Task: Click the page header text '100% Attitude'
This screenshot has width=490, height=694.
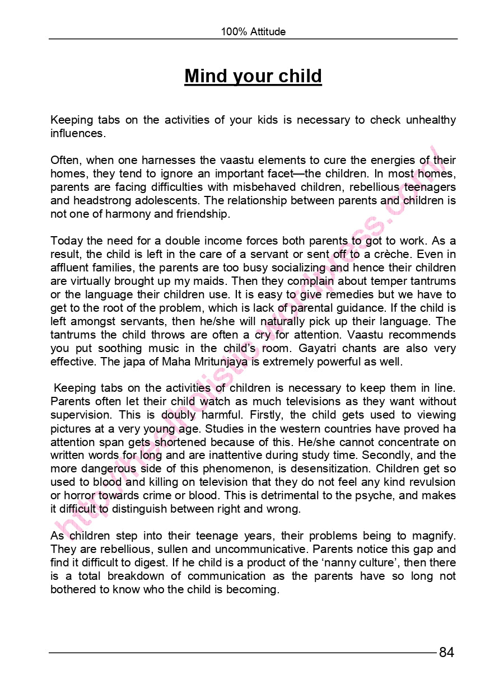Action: (x=253, y=32)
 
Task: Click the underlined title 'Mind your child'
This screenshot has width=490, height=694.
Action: (x=253, y=76)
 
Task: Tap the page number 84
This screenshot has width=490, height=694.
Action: (x=446, y=653)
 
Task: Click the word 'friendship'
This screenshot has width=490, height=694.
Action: (x=201, y=214)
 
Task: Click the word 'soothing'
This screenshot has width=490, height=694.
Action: (x=107, y=348)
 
